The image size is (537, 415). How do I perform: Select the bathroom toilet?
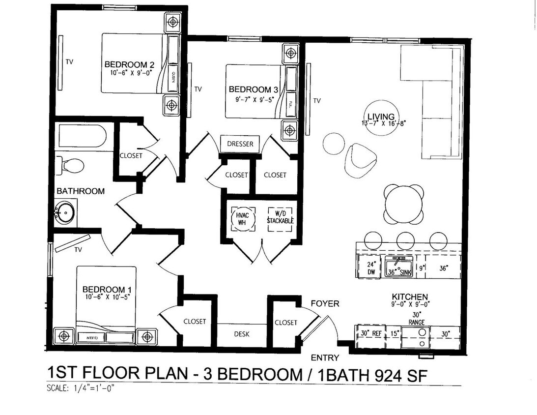[67, 165]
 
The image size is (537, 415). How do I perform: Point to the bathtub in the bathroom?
[81, 137]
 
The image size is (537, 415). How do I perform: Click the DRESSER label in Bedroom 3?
[240, 144]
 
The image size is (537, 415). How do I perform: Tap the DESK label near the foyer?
[241, 334]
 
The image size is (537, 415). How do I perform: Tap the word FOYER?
[325, 304]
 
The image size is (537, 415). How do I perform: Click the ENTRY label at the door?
[324, 358]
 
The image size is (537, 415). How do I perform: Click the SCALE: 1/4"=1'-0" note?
[83, 388]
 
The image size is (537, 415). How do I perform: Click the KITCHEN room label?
[410, 297]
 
